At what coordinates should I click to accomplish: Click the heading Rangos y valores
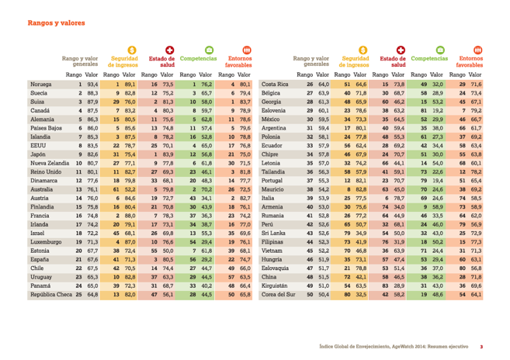[x=57, y=24]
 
